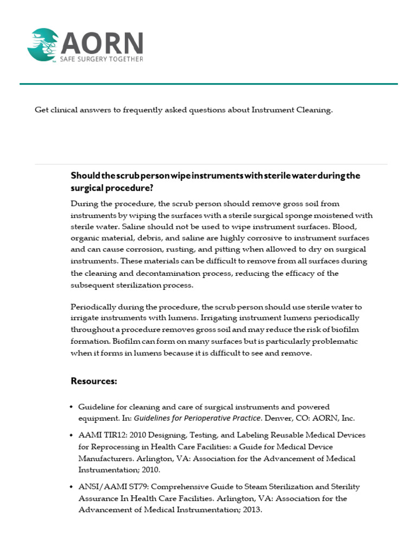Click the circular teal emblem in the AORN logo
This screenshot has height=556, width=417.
[x=43, y=45]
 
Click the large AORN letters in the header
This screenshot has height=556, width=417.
[x=102, y=42]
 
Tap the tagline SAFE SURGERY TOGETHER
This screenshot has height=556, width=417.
[x=102, y=59]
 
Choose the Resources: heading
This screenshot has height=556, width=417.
[x=94, y=381]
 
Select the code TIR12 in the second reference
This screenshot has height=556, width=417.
[x=112, y=435]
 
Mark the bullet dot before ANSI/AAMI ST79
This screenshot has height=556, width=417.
[x=71, y=487]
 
